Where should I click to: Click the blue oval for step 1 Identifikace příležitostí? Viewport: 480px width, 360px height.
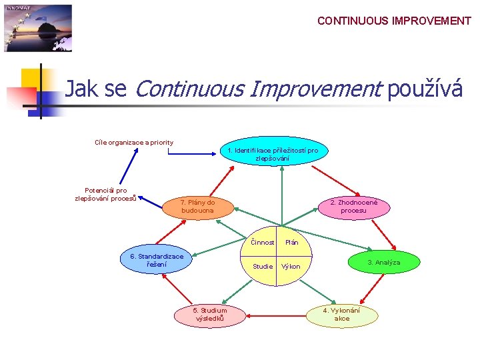point(273,154)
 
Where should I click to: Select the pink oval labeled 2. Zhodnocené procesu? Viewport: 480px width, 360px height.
point(353,207)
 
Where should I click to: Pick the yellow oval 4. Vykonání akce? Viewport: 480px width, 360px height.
point(341,315)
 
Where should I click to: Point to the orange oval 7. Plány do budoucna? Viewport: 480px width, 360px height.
point(197,207)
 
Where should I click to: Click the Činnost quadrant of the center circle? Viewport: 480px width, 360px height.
point(263,243)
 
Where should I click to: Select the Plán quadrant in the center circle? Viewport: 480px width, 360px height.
point(291,243)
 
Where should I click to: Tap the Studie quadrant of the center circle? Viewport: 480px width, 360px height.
point(263,267)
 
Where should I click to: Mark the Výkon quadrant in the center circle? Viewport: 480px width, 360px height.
point(291,267)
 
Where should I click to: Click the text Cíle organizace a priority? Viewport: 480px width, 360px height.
point(134,142)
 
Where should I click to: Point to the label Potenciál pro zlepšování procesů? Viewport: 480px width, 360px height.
point(105,194)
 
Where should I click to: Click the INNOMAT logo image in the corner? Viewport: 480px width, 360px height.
point(38,28)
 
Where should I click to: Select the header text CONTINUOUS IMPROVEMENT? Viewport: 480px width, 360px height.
point(394,21)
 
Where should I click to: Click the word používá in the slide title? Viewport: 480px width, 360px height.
point(425,89)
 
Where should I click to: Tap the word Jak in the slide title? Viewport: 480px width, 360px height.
point(81,89)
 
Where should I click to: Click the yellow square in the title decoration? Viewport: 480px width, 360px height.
point(30,79)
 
